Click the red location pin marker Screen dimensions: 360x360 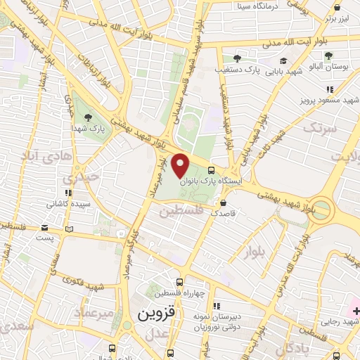point(181,165)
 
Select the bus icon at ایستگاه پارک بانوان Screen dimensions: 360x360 point(212,169)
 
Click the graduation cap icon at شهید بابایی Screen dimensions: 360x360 point(283,60)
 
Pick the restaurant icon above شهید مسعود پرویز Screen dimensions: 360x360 point(330,89)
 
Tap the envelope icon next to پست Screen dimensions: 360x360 point(44,228)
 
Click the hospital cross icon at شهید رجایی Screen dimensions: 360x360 point(354,310)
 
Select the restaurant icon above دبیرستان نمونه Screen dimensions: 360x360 point(217,305)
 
